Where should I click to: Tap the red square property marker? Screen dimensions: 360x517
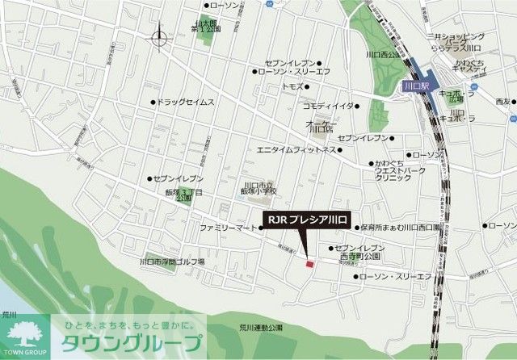coord(309,262)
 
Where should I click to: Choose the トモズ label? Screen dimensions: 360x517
coord(292,85)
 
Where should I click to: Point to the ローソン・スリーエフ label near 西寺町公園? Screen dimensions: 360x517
coord(395,277)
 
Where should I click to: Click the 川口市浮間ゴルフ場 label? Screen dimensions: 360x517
coord(171,262)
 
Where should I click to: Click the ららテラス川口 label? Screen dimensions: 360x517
coord(458,48)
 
